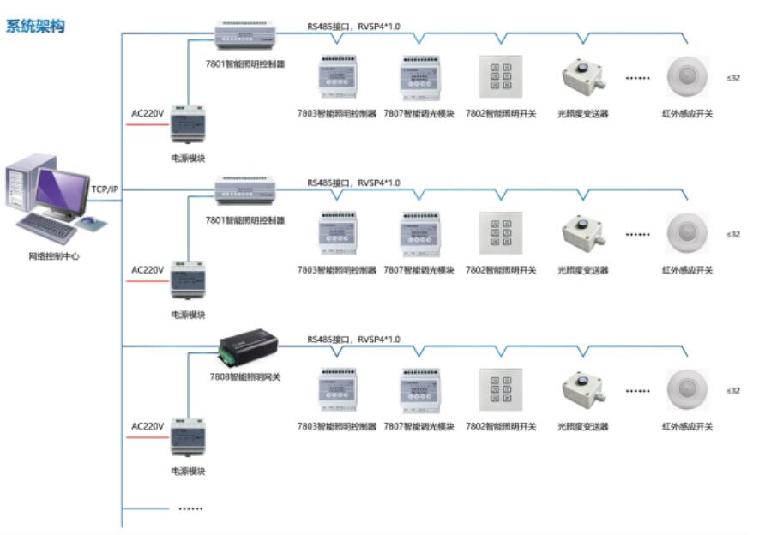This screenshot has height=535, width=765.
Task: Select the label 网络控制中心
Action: click(53, 255)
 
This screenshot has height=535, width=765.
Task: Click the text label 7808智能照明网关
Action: click(246, 376)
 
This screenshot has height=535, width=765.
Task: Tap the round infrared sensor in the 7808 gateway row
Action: click(687, 390)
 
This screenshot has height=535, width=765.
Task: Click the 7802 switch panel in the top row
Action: click(501, 77)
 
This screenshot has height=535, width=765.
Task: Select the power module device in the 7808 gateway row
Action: click(187, 437)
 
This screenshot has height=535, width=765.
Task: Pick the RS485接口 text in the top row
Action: click(328, 27)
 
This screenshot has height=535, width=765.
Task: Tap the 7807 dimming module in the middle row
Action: click(419, 233)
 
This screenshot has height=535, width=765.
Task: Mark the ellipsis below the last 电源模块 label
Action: click(190, 508)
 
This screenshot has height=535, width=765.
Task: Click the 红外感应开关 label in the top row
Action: click(687, 113)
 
